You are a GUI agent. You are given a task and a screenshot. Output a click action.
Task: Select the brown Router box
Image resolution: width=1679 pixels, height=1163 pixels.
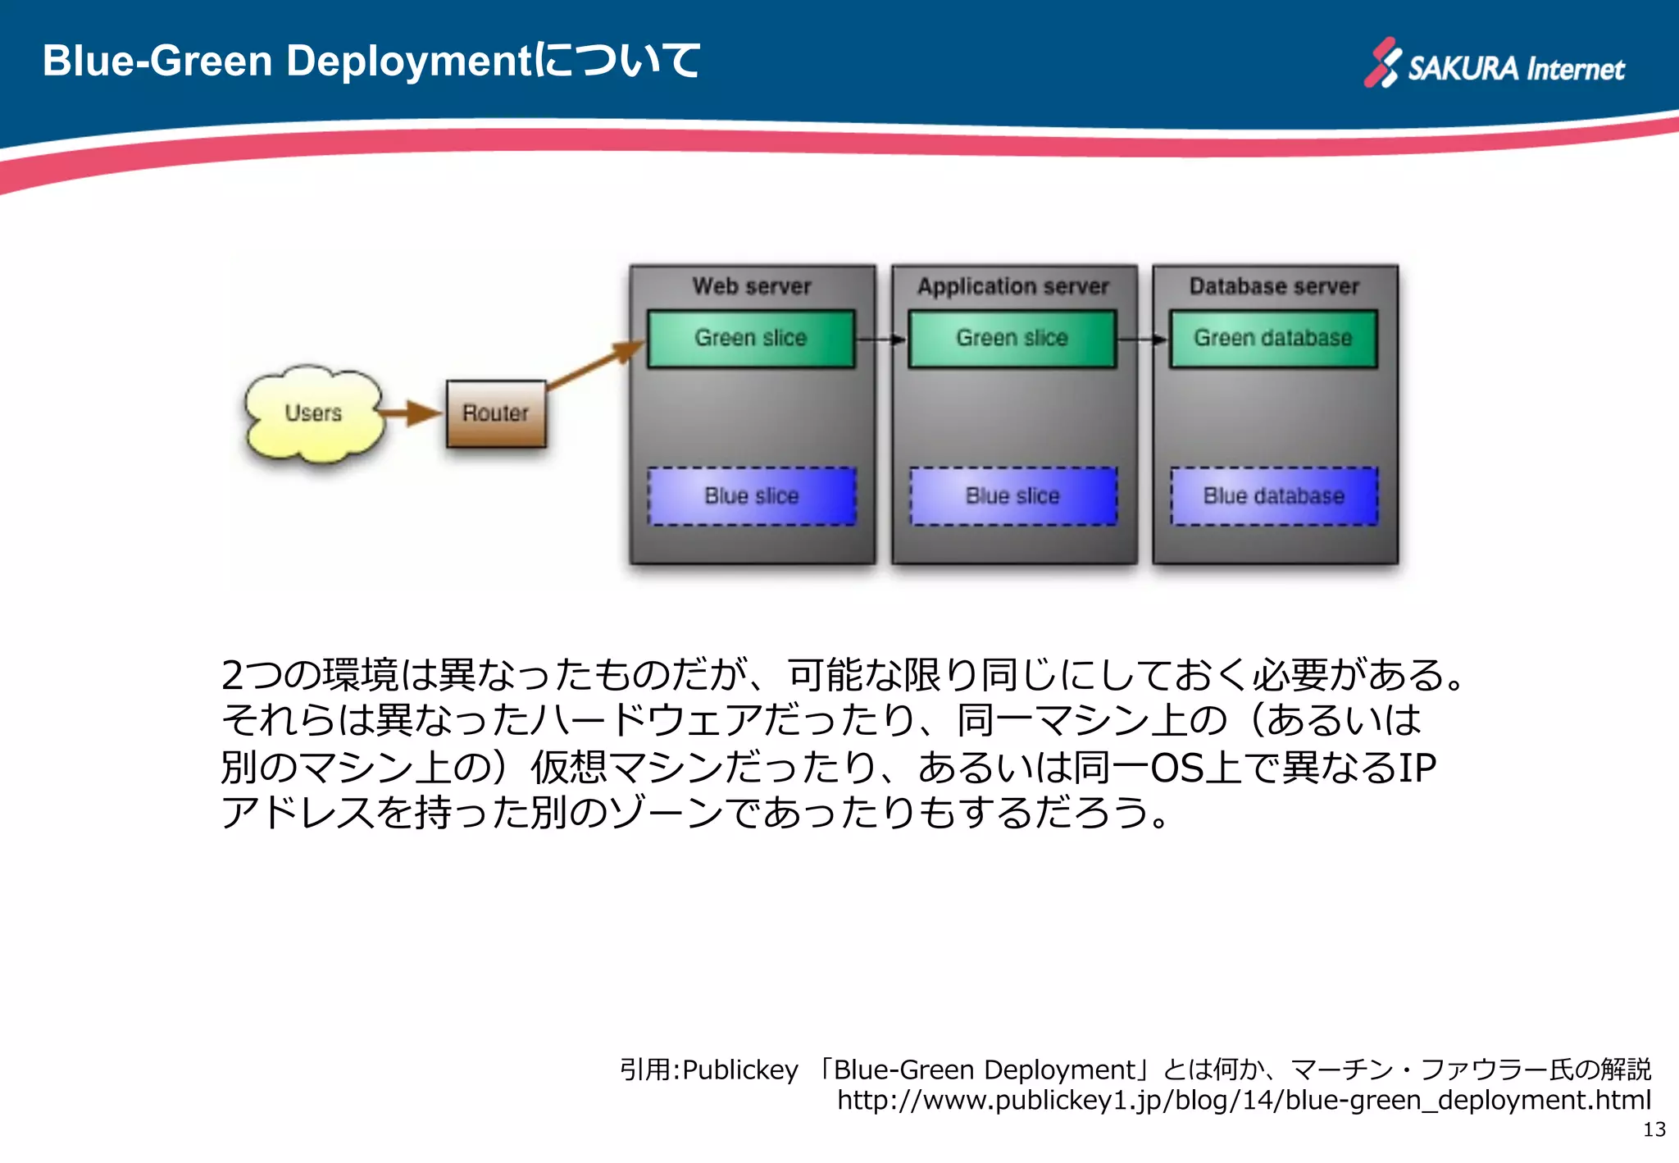(496, 413)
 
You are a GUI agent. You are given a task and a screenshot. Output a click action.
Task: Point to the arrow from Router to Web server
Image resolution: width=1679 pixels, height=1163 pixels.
(596, 364)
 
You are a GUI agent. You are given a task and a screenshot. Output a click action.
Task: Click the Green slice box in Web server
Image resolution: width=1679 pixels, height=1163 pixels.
(751, 338)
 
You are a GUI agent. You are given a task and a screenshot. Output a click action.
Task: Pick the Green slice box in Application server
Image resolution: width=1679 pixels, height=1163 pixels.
(1012, 338)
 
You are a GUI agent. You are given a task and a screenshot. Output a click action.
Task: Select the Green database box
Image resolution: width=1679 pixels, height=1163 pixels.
(1273, 338)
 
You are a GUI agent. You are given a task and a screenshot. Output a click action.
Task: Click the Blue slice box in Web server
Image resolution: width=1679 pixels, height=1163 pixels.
(752, 496)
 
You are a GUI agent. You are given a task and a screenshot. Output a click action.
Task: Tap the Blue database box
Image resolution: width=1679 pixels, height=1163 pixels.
(1274, 496)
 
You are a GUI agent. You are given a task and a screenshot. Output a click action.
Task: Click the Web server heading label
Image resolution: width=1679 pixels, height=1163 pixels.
(752, 286)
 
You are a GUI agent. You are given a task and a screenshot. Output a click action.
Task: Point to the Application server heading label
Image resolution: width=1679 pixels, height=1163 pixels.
(1013, 286)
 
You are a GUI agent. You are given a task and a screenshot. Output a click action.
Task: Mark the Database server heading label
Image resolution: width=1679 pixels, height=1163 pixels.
(1274, 286)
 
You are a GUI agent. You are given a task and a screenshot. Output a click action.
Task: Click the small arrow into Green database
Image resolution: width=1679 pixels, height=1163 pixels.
(1143, 339)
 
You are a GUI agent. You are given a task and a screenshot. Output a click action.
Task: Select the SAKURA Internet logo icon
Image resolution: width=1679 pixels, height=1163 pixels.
(1382, 62)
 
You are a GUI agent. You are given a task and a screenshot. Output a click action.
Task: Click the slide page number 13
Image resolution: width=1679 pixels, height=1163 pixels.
(1654, 1129)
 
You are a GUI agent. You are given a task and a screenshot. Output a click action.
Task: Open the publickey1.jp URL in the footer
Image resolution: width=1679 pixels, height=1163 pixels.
(1244, 1100)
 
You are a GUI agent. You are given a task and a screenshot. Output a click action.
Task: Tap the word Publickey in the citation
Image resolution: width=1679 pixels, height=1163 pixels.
(740, 1070)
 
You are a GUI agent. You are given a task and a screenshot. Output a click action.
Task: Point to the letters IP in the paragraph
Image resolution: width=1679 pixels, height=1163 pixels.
(1417, 768)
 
